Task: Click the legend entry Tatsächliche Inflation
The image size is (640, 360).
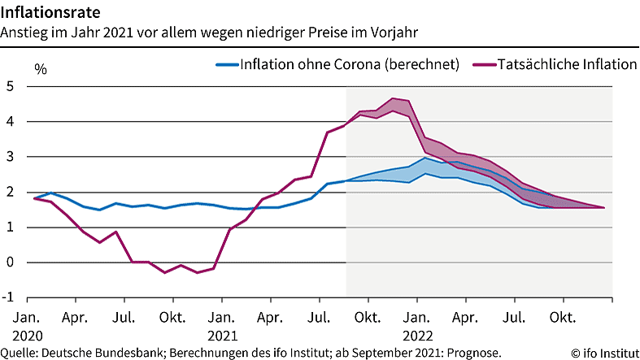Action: coord(568,64)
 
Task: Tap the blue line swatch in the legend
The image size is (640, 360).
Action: coord(226,64)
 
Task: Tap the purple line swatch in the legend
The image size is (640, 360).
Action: coord(485,64)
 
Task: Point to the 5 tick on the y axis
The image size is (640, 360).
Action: coord(10,87)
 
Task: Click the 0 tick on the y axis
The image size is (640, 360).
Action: coord(10,262)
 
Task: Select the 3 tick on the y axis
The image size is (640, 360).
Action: coord(10,157)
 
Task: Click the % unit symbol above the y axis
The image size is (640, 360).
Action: coord(41,69)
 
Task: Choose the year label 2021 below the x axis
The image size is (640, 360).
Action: coord(221,334)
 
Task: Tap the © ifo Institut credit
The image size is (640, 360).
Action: coord(604,353)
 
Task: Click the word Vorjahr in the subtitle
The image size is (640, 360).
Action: coord(396,33)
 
